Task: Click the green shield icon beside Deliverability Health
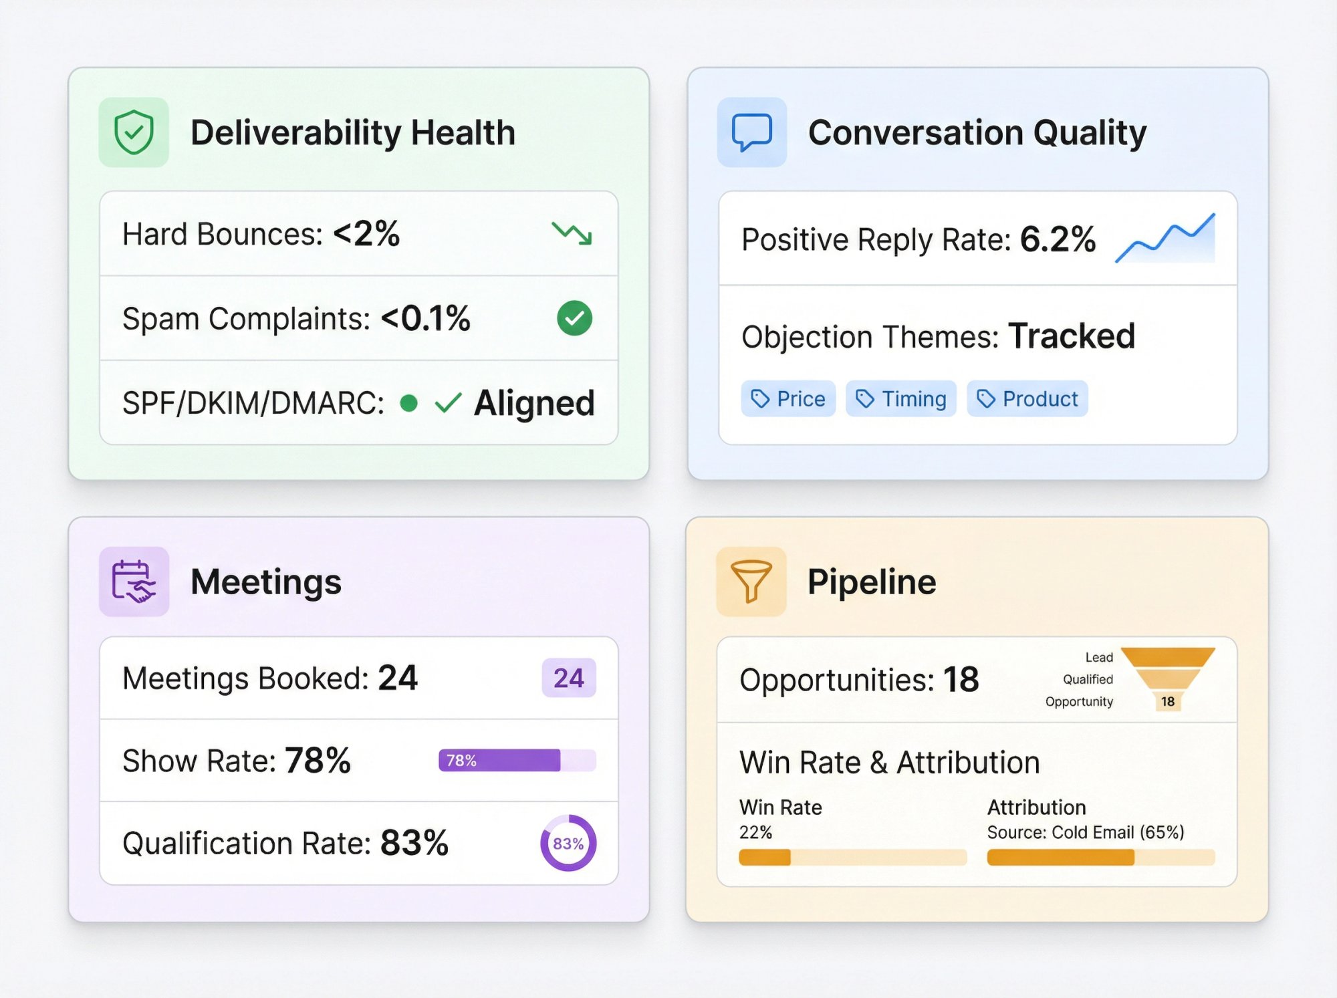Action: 134,132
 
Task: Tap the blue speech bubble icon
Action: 751,132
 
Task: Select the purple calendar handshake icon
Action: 134,582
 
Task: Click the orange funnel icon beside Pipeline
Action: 751,582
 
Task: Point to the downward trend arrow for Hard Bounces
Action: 572,233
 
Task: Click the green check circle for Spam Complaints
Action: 574,318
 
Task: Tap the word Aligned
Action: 534,403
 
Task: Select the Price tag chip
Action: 788,399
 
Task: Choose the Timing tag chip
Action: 900,399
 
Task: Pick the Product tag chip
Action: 1027,399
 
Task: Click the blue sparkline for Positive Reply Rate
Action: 1165,239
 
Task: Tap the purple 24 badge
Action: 568,678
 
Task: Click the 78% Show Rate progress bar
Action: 516,761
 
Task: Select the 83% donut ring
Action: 568,843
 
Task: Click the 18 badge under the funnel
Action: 1168,701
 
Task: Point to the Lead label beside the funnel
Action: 1099,658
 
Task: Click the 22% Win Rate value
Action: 755,832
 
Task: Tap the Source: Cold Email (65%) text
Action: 1085,832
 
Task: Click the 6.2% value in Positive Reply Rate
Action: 1058,239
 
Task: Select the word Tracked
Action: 1072,336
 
